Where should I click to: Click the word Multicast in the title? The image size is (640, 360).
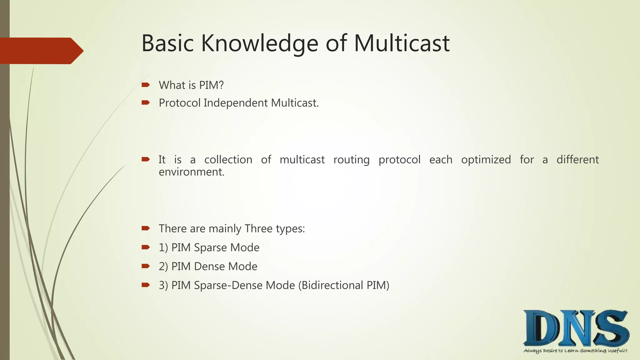tap(402, 43)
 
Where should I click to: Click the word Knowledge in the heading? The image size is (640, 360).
tap(259, 43)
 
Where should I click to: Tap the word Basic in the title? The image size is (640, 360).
tap(167, 43)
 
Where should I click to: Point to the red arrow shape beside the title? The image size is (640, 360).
tap(41, 51)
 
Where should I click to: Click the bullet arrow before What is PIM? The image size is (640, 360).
tap(146, 85)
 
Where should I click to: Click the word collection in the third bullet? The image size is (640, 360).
tap(228, 160)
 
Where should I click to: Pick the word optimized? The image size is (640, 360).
tap(486, 160)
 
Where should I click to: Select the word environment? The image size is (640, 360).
tap(191, 172)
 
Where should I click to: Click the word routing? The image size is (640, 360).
tap(351, 160)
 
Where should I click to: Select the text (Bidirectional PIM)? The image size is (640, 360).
tap(344, 285)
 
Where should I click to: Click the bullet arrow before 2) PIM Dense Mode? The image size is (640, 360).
tap(146, 266)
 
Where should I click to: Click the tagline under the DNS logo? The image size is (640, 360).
tap(575, 351)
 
